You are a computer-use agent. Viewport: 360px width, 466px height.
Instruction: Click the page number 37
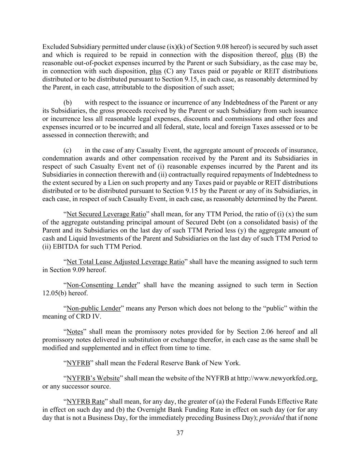(180, 433)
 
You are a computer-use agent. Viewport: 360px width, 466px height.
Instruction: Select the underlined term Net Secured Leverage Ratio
(106, 214)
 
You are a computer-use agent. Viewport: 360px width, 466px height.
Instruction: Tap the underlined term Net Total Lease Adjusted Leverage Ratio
(125, 262)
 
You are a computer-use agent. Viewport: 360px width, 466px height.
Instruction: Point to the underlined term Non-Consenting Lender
(102, 285)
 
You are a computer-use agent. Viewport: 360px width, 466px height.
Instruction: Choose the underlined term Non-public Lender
(94, 308)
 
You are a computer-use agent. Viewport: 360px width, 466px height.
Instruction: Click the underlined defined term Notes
(75, 331)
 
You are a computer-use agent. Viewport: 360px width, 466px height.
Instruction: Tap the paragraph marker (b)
(68, 103)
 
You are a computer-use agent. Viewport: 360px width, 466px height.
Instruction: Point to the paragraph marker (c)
(68, 150)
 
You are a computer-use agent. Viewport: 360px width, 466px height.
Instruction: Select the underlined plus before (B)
(287, 55)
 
